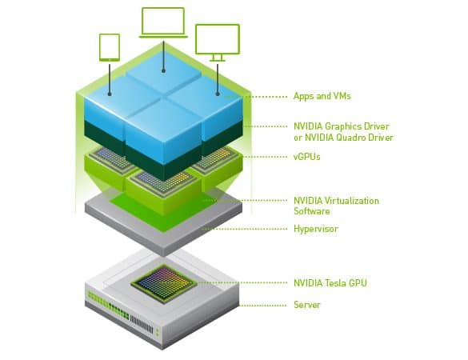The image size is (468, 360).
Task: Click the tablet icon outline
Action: (x=110, y=34)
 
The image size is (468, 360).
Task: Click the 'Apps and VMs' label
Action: (x=322, y=96)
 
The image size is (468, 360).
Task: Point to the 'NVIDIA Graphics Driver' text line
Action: (x=342, y=126)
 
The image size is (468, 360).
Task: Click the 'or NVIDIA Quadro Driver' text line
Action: (x=343, y=138)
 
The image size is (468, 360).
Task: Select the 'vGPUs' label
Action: (x=307, y=157)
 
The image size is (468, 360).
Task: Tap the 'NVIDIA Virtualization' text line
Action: (x=336, y=201)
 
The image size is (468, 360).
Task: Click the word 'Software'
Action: (x=312, y=211)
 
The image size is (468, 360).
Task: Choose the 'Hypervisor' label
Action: (x=316, y=229)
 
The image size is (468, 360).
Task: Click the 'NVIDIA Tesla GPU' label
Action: (x=330, y=282)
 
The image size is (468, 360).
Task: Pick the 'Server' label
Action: (x=307, y=305)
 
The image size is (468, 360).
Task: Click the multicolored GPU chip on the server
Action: (x=164, y=283)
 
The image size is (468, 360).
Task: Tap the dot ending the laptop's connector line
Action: (x=163, y=70)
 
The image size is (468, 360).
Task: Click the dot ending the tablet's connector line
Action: (x=110, y=94)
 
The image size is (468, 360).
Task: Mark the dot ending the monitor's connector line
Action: (x=218, y=94)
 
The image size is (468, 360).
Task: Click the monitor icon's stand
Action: (x=218, y=58)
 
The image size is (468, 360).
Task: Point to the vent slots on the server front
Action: (x=142, y=325)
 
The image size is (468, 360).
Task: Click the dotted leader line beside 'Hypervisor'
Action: (x=244, y=229)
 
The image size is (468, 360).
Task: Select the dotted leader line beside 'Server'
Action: (x=263, y=306)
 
